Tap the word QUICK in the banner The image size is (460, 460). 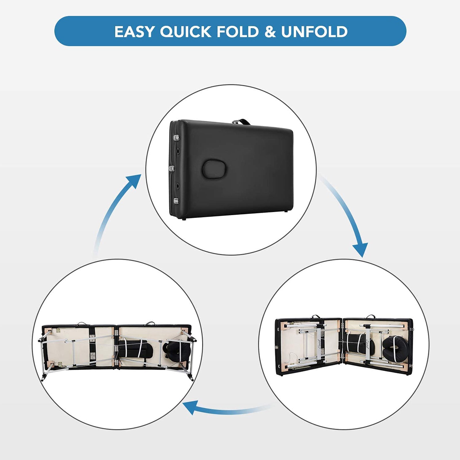[185, 31]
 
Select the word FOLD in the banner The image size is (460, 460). [237, 31]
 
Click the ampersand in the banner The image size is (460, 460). [270, 31]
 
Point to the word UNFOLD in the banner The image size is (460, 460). [314, 31]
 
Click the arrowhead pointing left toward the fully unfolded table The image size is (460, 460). [190, 407]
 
